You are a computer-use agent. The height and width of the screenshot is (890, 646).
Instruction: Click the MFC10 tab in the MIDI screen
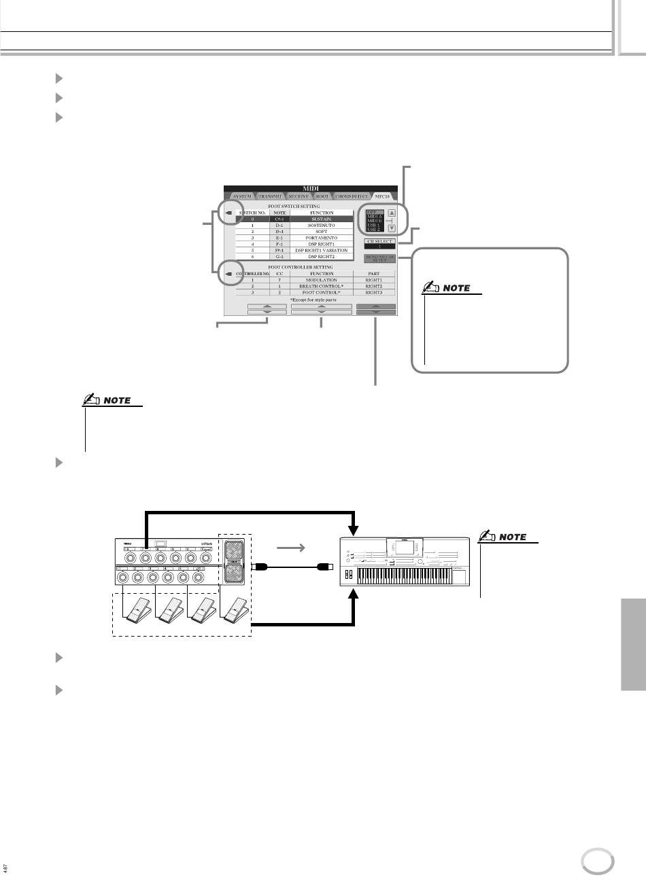pyautogui.click(x=383, y=196)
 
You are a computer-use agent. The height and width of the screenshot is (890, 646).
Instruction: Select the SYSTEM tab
pyautogui.click(x=242, y=196)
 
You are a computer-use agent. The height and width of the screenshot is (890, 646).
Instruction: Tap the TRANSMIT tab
pyautogui.click(x=271, y=196)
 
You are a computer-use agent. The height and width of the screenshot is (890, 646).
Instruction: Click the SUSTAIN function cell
pyautogui.click(x=322, y=219)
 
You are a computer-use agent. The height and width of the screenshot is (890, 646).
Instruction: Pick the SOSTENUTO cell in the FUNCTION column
pyautogui.click(x=322, y=226)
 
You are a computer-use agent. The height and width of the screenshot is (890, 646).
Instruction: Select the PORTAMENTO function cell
pyautogui.click(x=322, y=238)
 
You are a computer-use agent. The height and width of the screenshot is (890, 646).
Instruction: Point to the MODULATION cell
pyautogui.click(x=322, y=280)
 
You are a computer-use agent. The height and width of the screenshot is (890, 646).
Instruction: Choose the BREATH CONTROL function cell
pyautogui.click(x=322, y=286)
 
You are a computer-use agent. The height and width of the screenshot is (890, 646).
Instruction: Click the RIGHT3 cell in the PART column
pyautogui.click(x=374, y=292)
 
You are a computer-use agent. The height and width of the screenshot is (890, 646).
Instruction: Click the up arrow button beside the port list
pyautogui.click(x=392, y=213)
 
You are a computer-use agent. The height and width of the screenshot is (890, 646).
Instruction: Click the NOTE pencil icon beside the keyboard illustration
pyautogui.click(x=488, y=536)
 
